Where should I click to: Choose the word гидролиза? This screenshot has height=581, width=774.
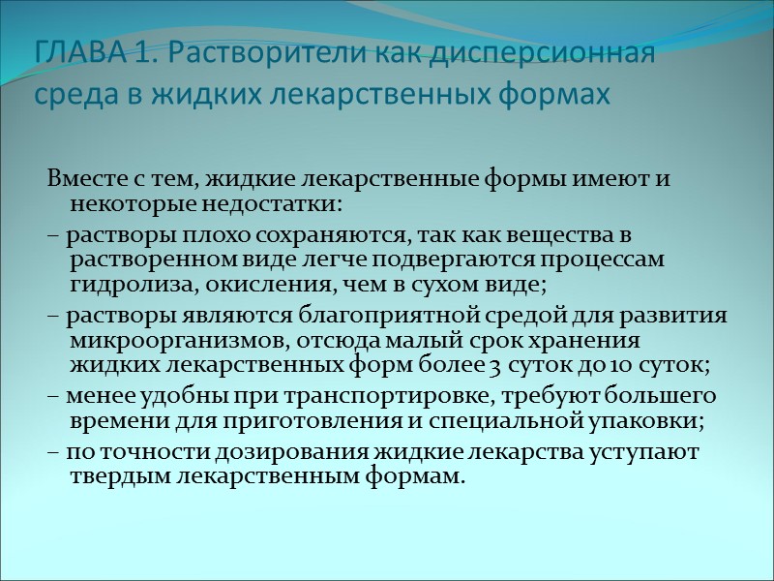pyautogui.click(x=117, y=285)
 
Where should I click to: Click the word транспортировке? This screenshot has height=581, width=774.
pyautogui.click(x=331, y=397)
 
